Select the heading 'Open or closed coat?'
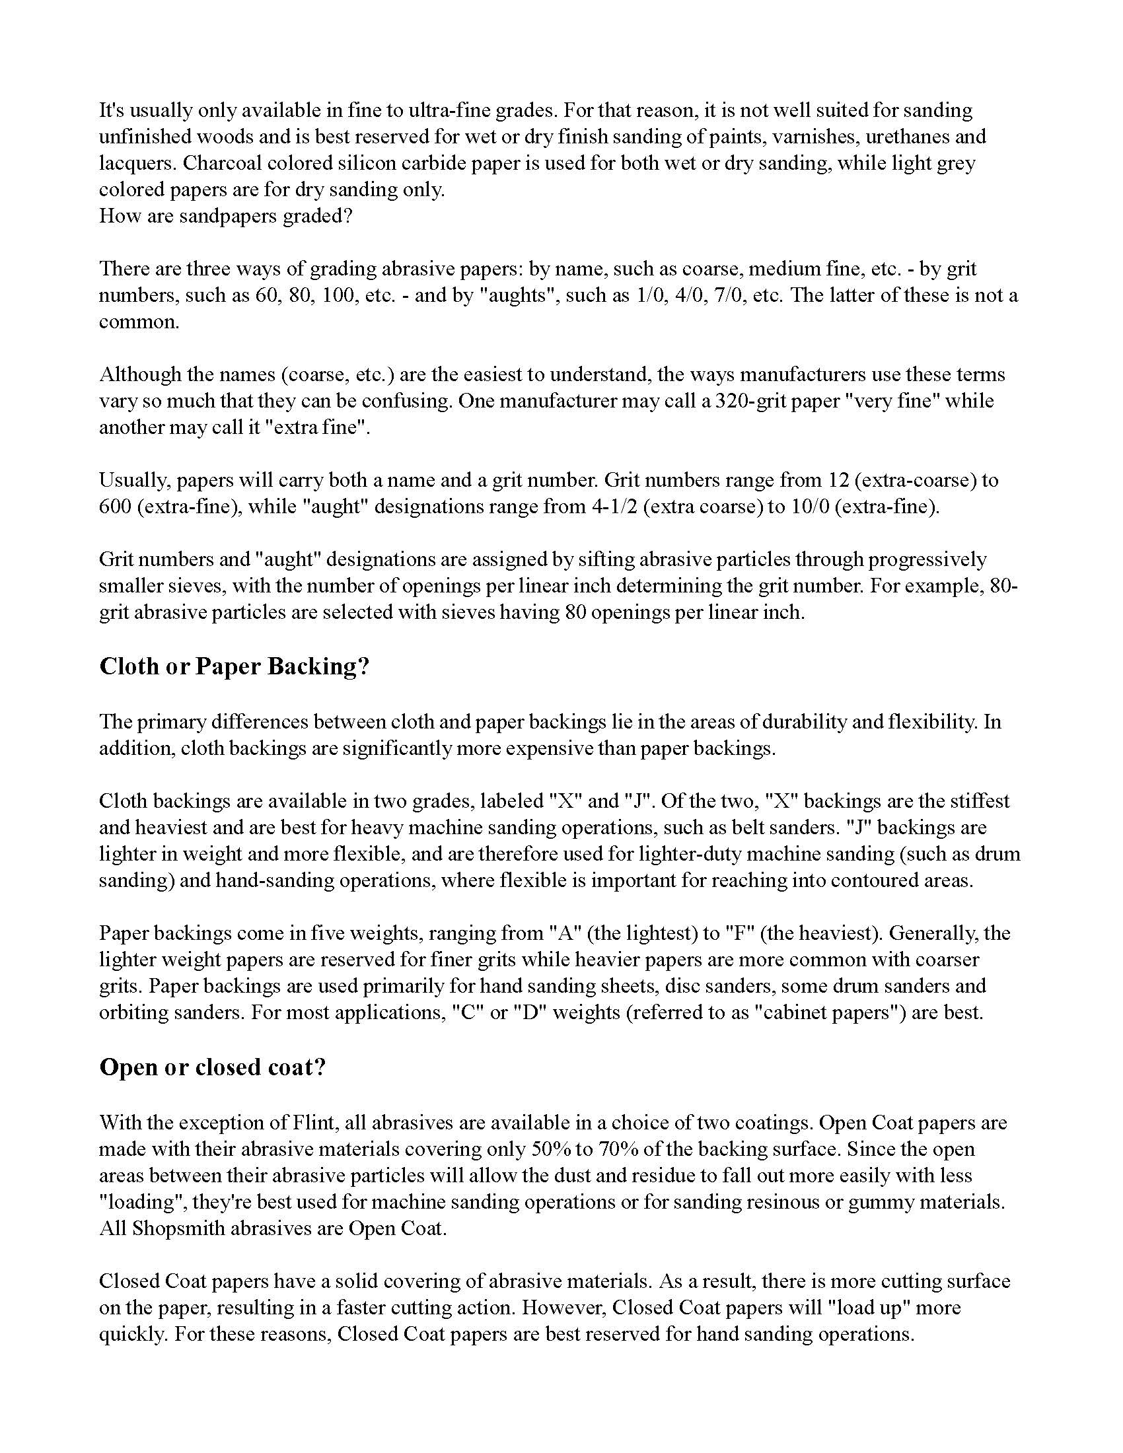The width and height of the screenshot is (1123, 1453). click(x=212, y=1067)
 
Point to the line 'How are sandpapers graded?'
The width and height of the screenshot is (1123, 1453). click(x=225, y=216)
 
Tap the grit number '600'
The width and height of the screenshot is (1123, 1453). click(x=116, y=507)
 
